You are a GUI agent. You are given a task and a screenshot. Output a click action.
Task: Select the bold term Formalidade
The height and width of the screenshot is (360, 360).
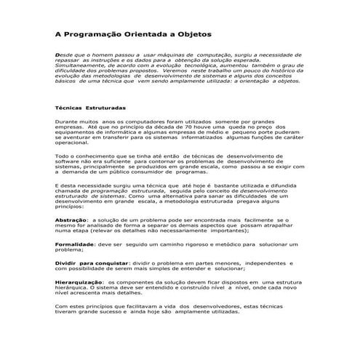[76, 244]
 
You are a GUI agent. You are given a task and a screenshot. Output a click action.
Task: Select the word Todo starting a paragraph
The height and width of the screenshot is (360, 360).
[63, 156]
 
